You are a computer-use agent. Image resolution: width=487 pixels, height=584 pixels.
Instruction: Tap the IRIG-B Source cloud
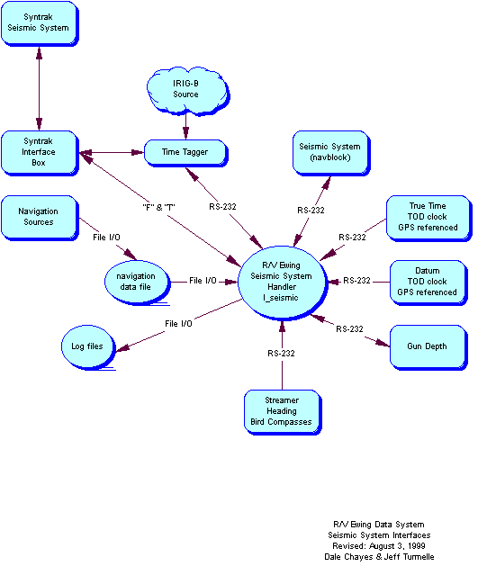(185, 89)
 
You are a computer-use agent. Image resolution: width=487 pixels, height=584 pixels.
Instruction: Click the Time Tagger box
(185, 152)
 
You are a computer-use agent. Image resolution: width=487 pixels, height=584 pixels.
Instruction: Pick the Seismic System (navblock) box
(330, 152)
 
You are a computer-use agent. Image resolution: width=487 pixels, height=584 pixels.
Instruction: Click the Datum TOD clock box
(428, 282)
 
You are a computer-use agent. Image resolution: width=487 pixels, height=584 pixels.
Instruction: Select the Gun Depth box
(428, 346)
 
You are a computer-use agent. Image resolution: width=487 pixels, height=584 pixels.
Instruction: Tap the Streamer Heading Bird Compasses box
(282, 411)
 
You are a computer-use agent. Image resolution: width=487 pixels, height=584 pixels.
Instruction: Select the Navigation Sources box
(38, 217)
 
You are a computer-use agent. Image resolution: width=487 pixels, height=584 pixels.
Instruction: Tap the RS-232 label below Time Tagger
(222, 207)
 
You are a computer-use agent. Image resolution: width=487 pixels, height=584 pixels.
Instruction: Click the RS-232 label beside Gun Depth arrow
(349, 329)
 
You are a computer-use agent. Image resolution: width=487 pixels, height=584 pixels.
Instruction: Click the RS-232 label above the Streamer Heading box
(281, 354)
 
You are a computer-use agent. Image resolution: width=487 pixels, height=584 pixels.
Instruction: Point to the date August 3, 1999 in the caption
(396, 546)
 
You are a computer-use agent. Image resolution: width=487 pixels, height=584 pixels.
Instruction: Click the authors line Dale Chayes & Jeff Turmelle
(380, 557)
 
